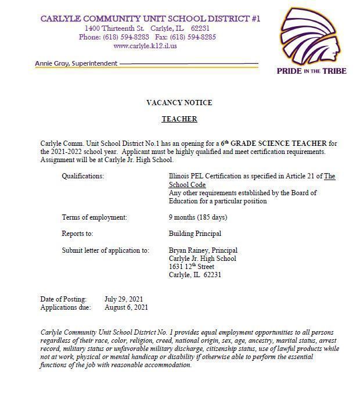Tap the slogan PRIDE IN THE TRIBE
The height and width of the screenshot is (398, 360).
pos(311,71)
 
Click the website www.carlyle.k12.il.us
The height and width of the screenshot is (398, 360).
pos(145,46)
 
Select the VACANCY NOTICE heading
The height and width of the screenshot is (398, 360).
pos(179,103)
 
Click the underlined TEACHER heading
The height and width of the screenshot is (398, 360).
pos(179,119)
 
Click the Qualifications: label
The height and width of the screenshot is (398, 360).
pos(83,176)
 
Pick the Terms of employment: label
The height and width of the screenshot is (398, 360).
pos(95,217)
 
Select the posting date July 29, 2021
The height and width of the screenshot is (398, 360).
pos(124,299)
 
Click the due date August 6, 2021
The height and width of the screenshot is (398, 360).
pos(126,307)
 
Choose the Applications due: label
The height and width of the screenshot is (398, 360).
pos(66,307)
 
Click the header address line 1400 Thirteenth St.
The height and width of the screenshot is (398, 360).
pos(114,28)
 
